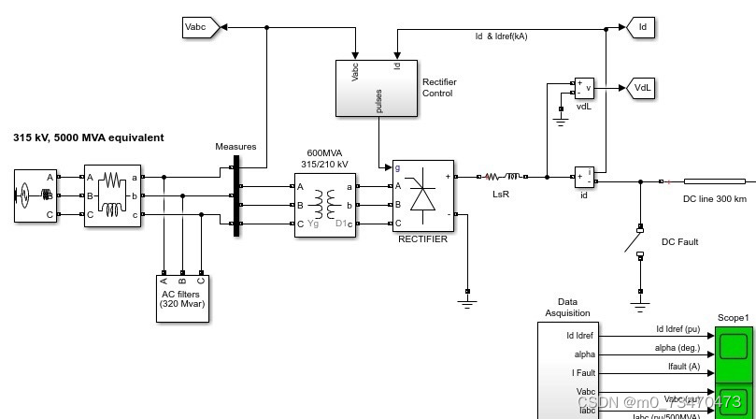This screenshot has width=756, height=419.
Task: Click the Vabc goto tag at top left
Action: click(x=199, y=28)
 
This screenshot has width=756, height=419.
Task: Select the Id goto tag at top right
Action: click(x=641, y=28)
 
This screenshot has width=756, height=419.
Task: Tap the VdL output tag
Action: click(x=642, y=88)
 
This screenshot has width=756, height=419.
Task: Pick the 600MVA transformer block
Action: click(x=325, y=204)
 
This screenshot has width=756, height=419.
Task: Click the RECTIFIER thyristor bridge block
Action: click(x=422, y=196)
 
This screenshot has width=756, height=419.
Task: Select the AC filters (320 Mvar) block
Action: click(x=182, y=297)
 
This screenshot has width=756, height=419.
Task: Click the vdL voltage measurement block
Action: click(x=584, y=88)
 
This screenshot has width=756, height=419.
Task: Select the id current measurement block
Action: click(x=584, y=177)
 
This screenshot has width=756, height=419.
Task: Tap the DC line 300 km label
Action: click(x=714, y=198)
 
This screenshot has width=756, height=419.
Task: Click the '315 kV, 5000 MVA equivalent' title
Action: click(x=88, y=137)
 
